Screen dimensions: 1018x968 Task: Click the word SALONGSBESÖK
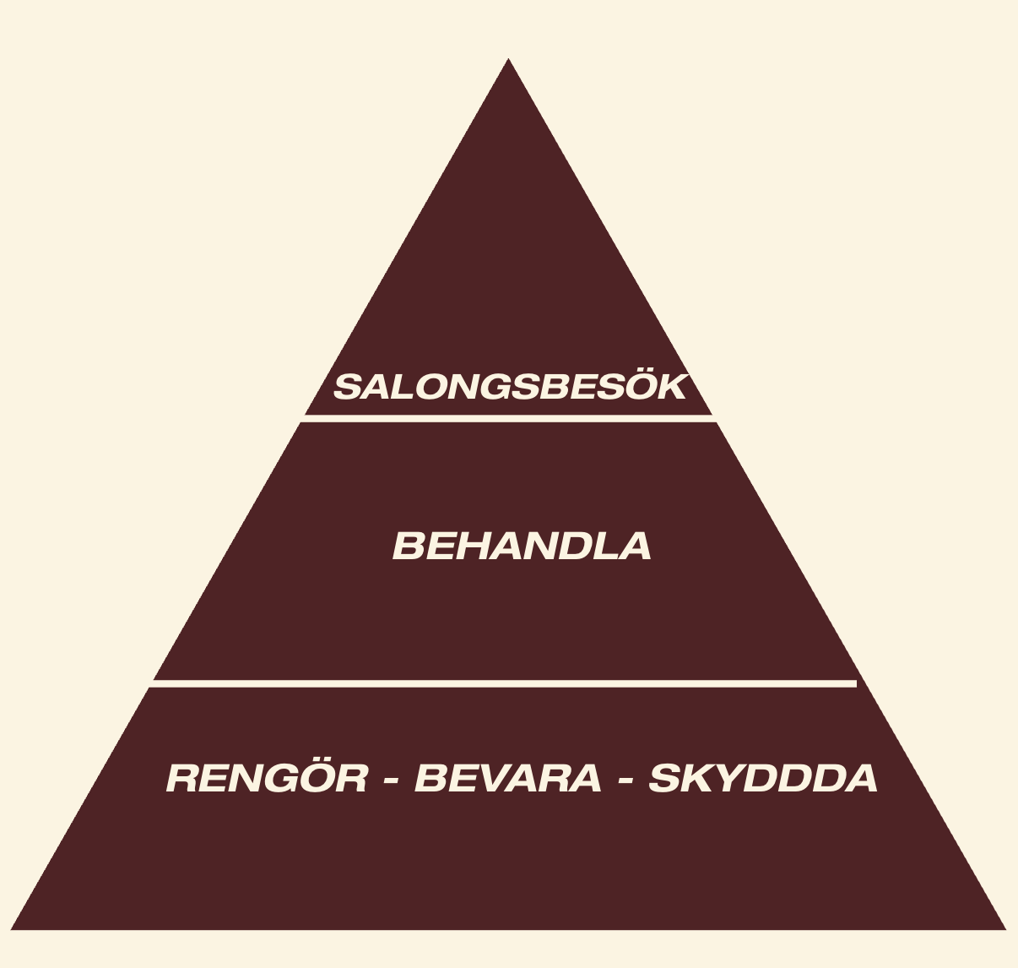510,387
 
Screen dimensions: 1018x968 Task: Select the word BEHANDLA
522,547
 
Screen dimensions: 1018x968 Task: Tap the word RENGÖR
267,778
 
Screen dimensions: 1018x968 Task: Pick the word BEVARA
508,778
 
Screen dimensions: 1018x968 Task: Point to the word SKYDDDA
763,778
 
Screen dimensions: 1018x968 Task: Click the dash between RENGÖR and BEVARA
391,780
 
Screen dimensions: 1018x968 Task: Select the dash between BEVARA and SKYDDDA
625,780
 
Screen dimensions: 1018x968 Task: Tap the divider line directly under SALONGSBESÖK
508,418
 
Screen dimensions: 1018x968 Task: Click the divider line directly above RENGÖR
504,683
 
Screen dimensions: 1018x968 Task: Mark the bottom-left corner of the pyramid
14,928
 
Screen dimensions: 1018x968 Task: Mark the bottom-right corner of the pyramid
1003,928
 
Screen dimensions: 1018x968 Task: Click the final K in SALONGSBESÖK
672,388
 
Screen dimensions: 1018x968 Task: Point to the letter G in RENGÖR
284,778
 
